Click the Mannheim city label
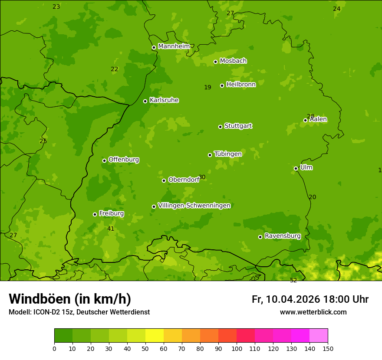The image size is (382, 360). [x=174, y=46]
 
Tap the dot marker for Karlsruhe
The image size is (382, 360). [x=145, y=101]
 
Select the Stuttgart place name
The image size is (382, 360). [x=238, y=126]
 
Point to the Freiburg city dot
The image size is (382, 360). [x=95, y=214]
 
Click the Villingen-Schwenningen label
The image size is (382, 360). [x=194, y=206]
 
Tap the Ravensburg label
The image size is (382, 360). [x=282, y=236]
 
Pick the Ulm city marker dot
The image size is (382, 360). [x=296, y=168]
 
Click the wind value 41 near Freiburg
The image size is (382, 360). [x=111, y=229]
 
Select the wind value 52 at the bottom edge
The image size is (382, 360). [x=293, y=280]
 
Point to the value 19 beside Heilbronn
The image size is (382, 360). [x=207, y=88]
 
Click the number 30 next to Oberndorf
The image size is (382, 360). [x=202, y=177]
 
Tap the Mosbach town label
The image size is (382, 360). [x=233, y=61]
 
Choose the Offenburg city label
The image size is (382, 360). [x=124, y=160]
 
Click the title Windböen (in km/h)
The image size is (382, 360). [x=70, y=299]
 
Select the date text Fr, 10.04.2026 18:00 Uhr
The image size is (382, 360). [x=310, y=299]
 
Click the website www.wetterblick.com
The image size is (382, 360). [x=313, y=312]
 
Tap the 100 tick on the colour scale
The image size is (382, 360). [x=237, y=348]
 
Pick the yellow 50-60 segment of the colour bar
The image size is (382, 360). [x=155, y=336]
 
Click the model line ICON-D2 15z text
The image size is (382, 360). [x=79, y=312]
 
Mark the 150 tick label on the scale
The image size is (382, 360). [x=328, y=348]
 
